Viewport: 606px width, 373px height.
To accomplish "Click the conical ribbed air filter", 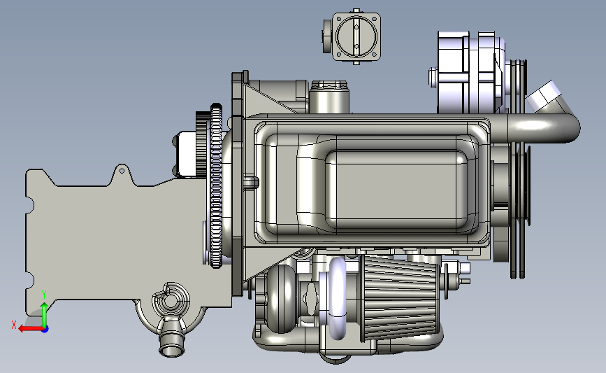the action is click(400, 299).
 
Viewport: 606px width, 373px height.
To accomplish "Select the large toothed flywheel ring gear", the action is click(217, 186).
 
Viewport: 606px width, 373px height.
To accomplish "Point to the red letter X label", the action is click(14, 325).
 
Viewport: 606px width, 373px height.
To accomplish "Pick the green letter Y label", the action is click(44, 295).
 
